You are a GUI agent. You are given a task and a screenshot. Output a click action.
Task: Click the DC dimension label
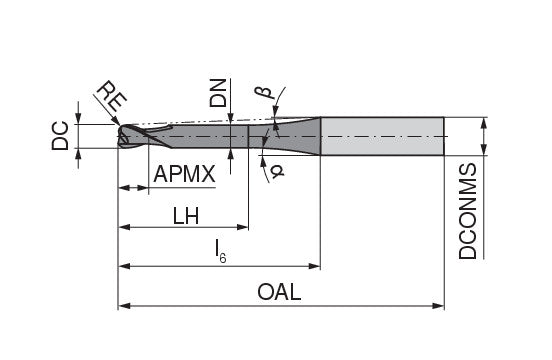coord(59,136)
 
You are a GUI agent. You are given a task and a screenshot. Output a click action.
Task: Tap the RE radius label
coord(111,97)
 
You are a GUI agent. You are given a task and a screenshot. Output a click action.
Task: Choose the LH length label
coord(184,214)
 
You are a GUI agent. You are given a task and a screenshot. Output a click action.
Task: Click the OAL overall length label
coord(280,292)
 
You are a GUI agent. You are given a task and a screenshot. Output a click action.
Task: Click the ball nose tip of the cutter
coord(121,136)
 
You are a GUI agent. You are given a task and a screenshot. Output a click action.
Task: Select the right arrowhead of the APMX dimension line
coord(146,188)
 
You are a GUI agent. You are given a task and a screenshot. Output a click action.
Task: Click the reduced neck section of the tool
coord(200,136)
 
